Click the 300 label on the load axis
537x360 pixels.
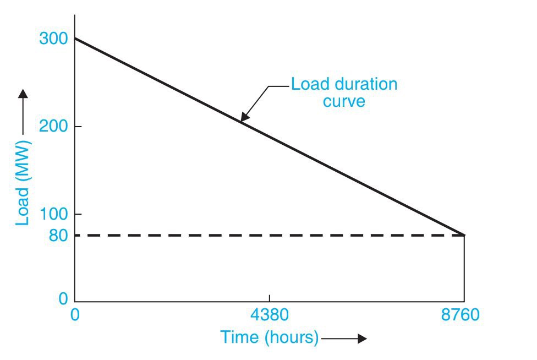point(53,39)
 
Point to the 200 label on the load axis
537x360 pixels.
point(53,127)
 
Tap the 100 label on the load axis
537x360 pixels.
point(53,214)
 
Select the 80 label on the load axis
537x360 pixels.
point(57,236)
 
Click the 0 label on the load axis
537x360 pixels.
point(63,299)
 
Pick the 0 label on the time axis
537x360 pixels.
point(75,315)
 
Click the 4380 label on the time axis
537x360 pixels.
point(269,315)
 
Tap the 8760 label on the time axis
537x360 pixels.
point(461,315)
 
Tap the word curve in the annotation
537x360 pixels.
point(343,101)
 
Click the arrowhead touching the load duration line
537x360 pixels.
point(244,117)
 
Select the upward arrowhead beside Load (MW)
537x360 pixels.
point(23,94)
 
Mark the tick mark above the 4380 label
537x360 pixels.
point(269,298)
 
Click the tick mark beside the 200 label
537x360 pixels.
point(78,127)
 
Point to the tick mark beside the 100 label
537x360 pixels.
point(78,214)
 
